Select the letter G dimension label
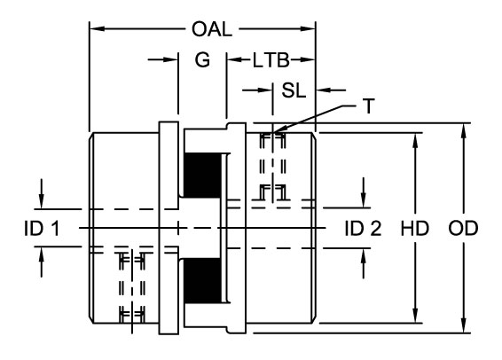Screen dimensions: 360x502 [x=202, y=63]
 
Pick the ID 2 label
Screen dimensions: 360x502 [x=363, y=229]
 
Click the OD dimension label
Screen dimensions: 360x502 [x=464, y=229]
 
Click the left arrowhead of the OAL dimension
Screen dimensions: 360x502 [x=94, y=29]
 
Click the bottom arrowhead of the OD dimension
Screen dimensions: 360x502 [x=464, y=329]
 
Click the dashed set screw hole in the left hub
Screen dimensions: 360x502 [x=131, y=287]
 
